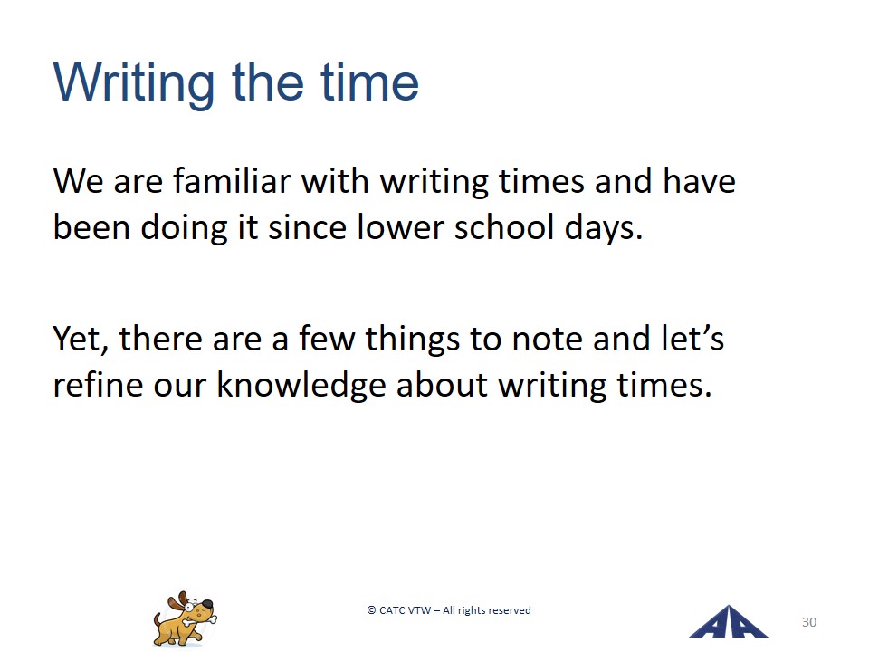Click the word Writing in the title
(134, 83)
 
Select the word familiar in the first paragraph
(232, 181)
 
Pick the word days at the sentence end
(604, 228)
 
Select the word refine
(98, 384)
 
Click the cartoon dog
(185, 618)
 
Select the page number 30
(809, 622)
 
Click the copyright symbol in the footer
(371, 610)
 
